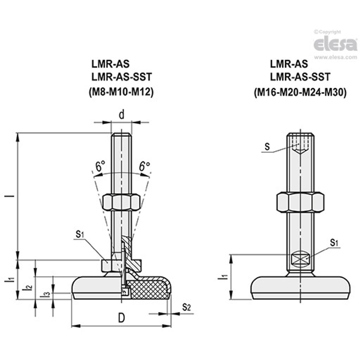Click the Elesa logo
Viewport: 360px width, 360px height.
click(x=335, y=44)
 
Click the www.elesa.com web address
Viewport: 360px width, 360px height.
click(x=336, y=57)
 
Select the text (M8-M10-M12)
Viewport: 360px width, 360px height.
click(x=121, y=93)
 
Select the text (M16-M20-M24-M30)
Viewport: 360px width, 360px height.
click(x=300, y=93)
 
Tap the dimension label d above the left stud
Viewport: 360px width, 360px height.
click(x=121, y=115)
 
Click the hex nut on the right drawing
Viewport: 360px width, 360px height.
click(x=300, y=202)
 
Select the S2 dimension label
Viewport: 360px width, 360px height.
click(x=186, y=307)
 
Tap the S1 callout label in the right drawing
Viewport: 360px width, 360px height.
click(x=334, y=243)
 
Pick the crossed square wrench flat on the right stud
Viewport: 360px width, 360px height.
click(x=300, y=259)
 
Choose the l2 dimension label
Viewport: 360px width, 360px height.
click(x=28, y=287)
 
